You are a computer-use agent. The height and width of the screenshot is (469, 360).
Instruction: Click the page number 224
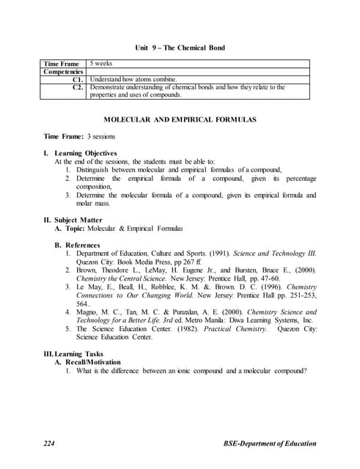(51, 444)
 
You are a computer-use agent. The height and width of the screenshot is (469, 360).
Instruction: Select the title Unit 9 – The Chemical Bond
(180, 48)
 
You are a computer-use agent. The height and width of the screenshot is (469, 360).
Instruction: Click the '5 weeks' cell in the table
(100, 64)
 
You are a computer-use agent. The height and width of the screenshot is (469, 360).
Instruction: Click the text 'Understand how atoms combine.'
(133, 80)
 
